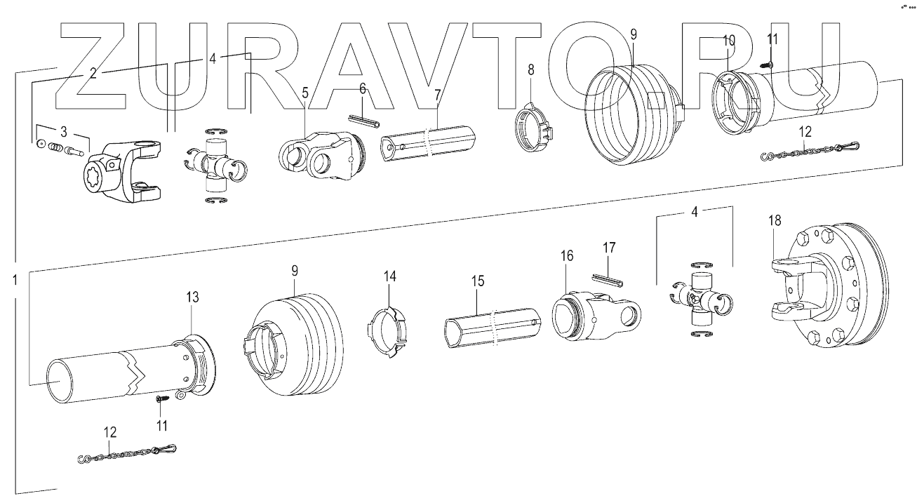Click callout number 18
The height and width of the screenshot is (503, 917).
click(774, 221)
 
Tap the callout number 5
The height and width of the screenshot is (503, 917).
click(305, 92)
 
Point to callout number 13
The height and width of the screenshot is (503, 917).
click(192, 297)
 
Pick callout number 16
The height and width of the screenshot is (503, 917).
click(566, 255)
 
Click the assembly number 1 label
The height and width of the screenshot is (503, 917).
click(15, 280)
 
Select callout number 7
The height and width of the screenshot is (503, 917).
click(436, 93)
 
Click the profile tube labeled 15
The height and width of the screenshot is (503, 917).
click(491, 327)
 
